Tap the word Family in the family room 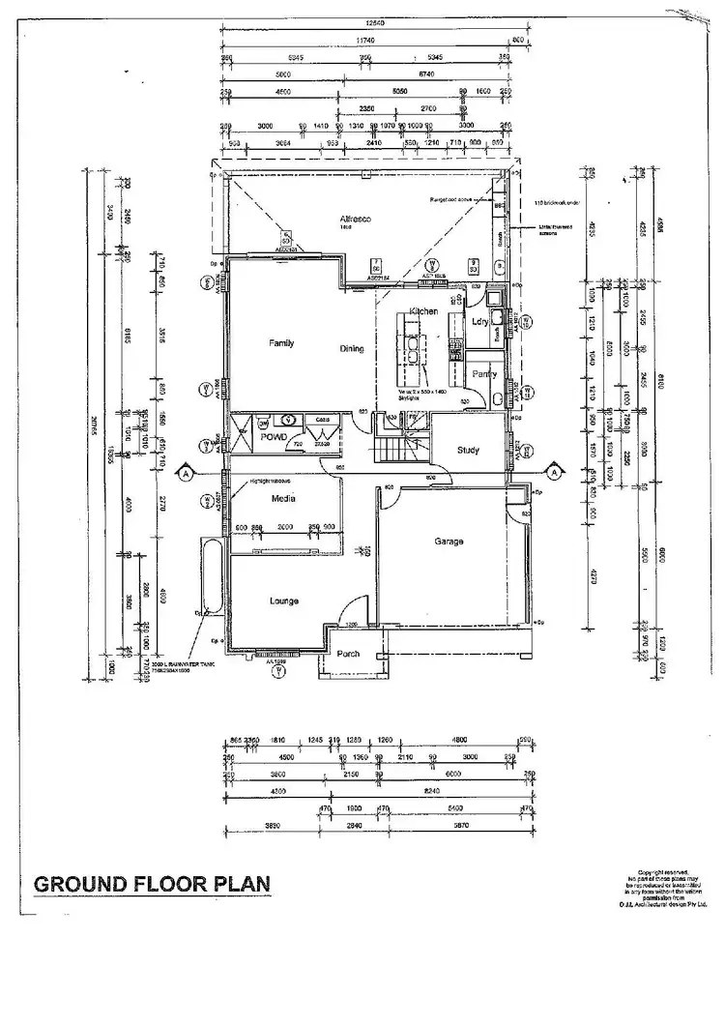[x=280, y=343]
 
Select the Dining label [x=351, y=349]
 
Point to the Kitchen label [x=423, y=311]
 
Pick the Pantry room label [x=483, y=373]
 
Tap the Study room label [x=469, y=450]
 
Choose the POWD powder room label [x=260, y=436]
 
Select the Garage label [x=449, y=542]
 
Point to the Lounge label [x=283, y=601]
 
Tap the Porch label [x=348, y=655]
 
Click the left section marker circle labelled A [x=184, y=474]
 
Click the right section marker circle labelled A [x=555, y=471]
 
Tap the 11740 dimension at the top [x=363, y=39]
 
